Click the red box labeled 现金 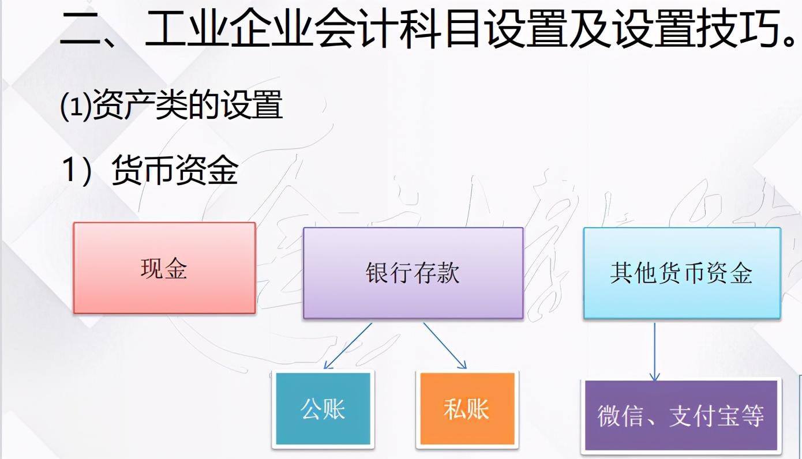(164, 268)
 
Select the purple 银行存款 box (413, 273)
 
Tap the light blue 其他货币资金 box (681, 273)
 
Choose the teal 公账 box (323, 409)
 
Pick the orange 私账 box (467, 409)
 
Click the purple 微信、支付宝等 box (681, 415)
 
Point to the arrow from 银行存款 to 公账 (347, 345)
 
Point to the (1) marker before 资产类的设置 (74, 107)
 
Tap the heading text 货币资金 (175, 169)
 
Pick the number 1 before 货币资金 (70, 169)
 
